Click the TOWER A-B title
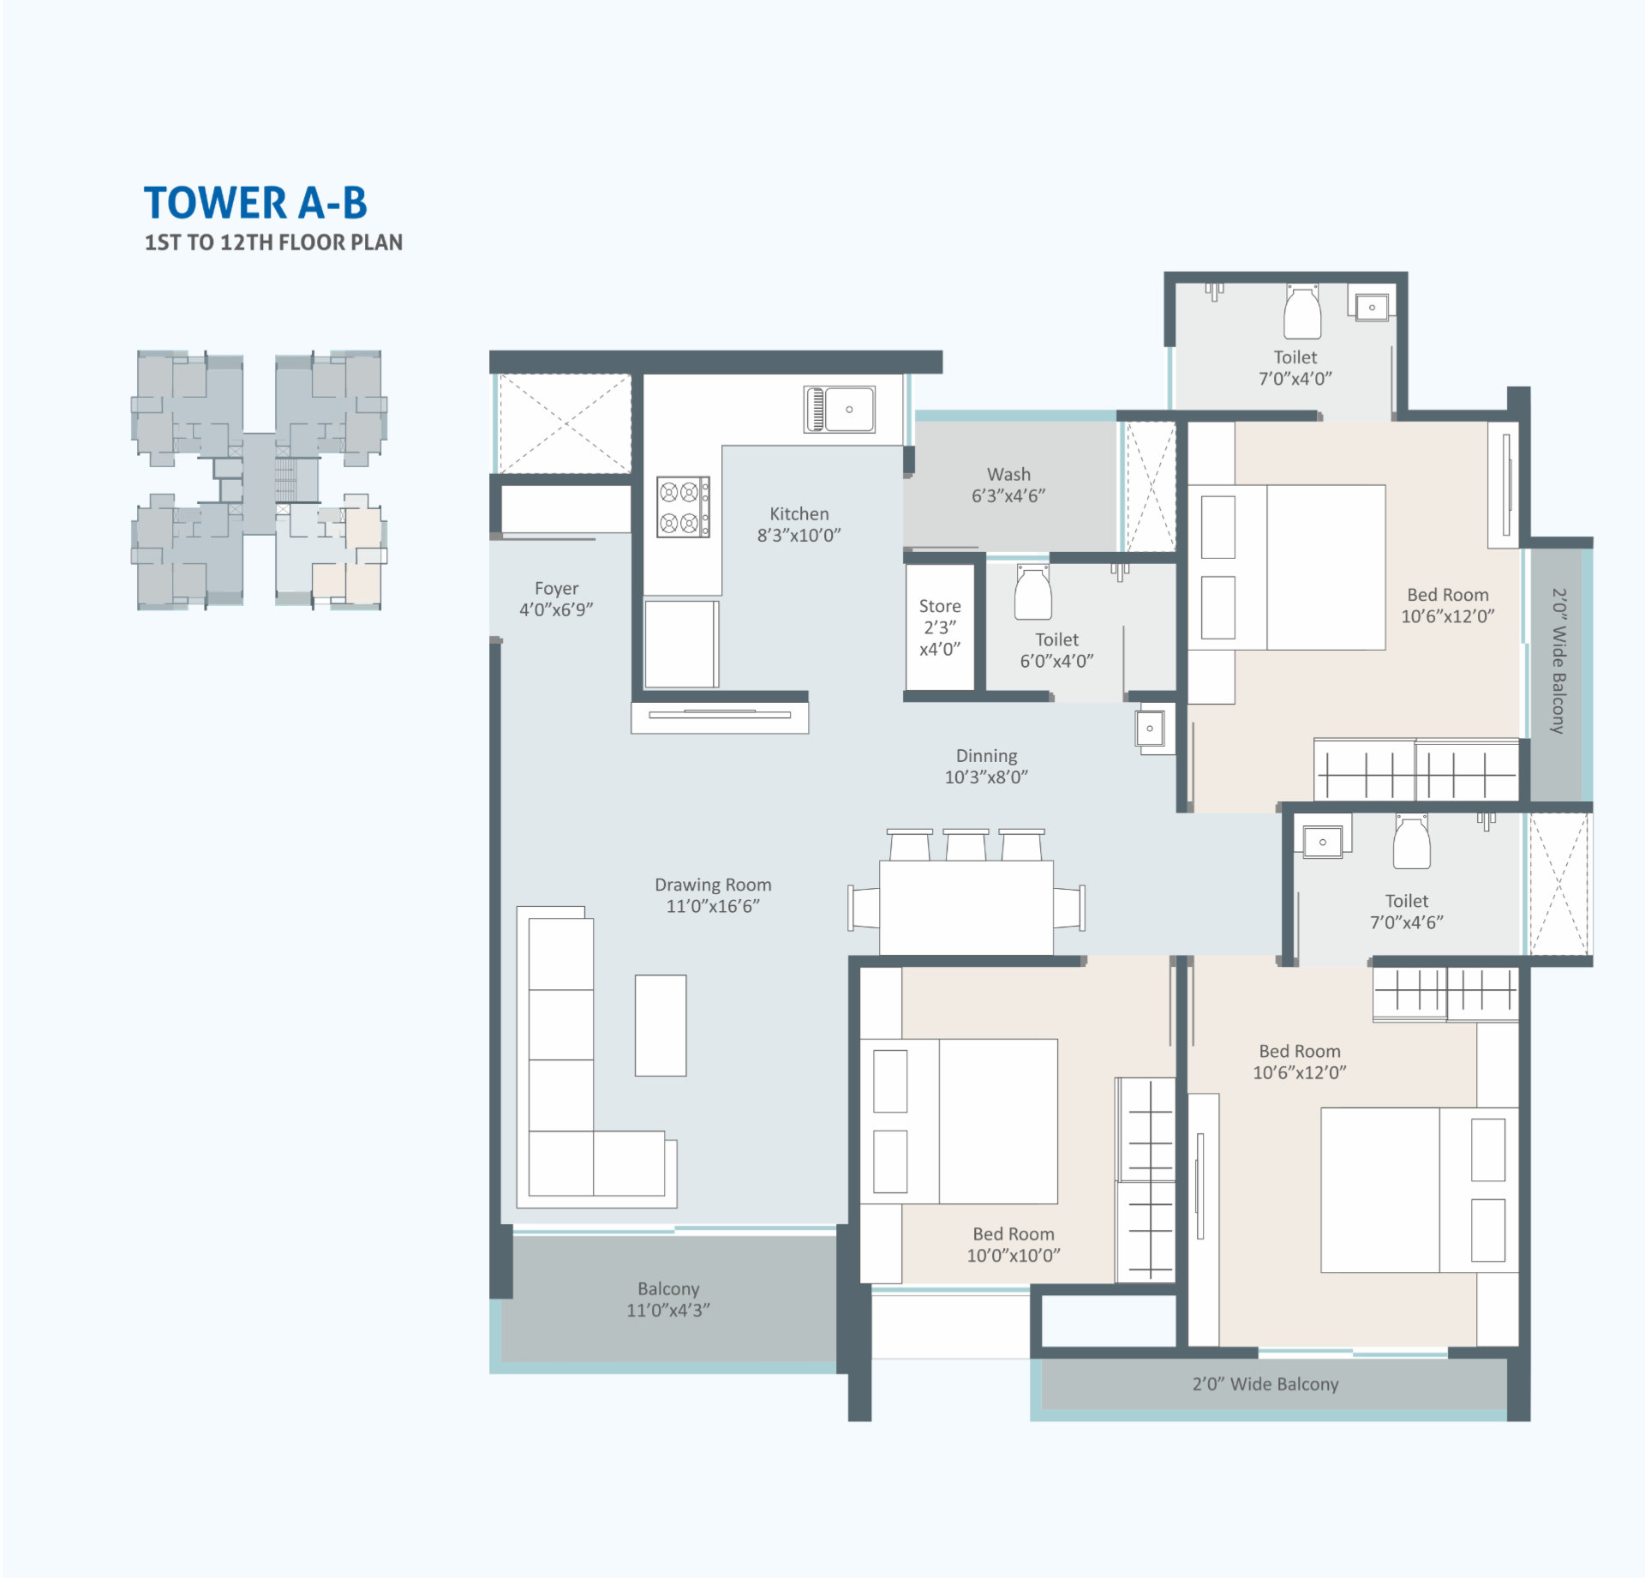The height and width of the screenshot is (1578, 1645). pyautogui.click(x=255, y=203)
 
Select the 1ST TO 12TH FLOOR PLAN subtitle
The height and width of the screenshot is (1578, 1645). pyautogui.click(x=273, y=243)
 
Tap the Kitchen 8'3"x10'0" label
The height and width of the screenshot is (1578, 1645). pyautogui.click(x=799, y=525)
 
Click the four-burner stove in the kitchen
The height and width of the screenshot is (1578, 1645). pyautogui.click(x=683, y=507)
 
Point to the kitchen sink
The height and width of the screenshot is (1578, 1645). pyautogui.click(x=839, y=409)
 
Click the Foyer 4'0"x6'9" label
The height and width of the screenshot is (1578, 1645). pyautogui.click(x=556, y=598)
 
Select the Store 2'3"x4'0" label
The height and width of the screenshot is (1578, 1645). pyautogui.click(x=940, y=627)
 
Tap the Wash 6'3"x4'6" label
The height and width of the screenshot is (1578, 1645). pyautogui.click(x=1008, y=485)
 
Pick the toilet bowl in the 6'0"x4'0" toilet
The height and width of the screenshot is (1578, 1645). pyautogui.click(x=1032, y=591)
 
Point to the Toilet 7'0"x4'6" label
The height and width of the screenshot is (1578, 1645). pyautogui.click(x=1406, y=911)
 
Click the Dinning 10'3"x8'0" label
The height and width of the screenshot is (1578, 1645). pyautogui.click(x=986, y=766)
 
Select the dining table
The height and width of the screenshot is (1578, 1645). pyautogui.click(x=966, y=907)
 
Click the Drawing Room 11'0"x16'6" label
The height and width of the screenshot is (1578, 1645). pyautogui.click(x=713, y=895)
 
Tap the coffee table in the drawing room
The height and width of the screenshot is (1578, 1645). pyautogui.click(x=660, y=1024)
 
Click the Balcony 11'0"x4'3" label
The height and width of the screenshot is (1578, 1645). pyautogui.click(x=668, y=1299)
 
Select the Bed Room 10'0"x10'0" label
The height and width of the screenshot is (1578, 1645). pyautogui.click(x=1014, y=1245)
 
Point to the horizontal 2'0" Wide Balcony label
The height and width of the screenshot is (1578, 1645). pyautogui.click(x=1265, y=1384)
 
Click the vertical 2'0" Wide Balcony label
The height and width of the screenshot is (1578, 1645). pyautogui.click(x=1558, y=660)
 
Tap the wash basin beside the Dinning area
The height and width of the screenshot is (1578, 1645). pyautogui.click(x=1150, y=729)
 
